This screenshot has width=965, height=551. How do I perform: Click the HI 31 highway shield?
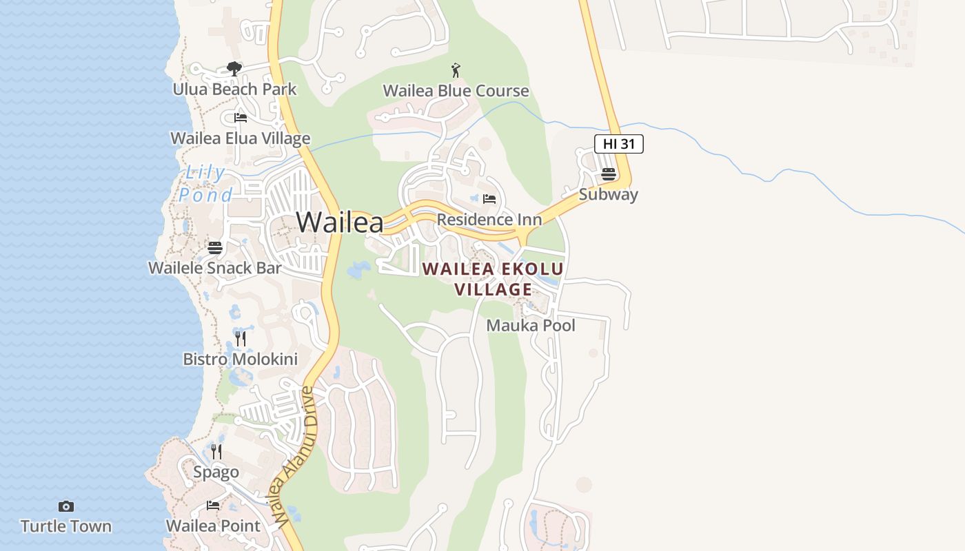pyautogui.click(x=618, y=144)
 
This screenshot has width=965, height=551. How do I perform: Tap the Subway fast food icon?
pyautogui.click(x=608, y=174)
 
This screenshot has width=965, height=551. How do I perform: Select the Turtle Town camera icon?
pyautogui.click(x=66, y=507)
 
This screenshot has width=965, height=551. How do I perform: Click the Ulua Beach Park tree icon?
pyautogui.click(x=234, y=69)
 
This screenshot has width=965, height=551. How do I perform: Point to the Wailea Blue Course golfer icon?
pyautogui.click(x=456, y=70)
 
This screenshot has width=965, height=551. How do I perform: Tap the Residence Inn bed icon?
pyautogui.click(x=489, y=199)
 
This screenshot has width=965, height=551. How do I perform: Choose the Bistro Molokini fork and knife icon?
pyautogui.click(x=240, y=338)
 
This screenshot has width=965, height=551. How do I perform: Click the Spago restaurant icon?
pyautogui.click(x=216, y=452)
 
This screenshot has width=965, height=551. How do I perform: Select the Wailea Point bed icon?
pyautogui.click(x=213, y=506)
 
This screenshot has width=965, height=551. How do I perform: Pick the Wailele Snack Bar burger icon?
pyautogui.click(x=215, y=248)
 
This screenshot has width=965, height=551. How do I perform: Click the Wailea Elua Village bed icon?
pyautogui.click(x=241, y=118)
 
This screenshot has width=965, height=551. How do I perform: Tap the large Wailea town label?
pyautogui.click(x=340, y=222)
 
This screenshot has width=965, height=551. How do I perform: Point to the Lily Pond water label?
pyautogui.click(x=206, y=184)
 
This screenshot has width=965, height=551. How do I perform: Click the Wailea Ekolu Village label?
pyautogui.click(x=494, y=279)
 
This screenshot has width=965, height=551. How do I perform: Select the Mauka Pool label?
pyautogui.click(x=531, y=325)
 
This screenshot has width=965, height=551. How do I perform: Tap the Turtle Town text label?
pyautogui.click(x=66, y=526)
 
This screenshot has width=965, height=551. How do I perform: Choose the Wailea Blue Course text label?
pyautogui.click(x=456, y=91)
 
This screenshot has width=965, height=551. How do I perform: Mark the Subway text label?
pyautogui.click(x=608, y=194)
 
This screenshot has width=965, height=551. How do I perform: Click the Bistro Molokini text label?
pyautogui.click(x=240, y=359)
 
